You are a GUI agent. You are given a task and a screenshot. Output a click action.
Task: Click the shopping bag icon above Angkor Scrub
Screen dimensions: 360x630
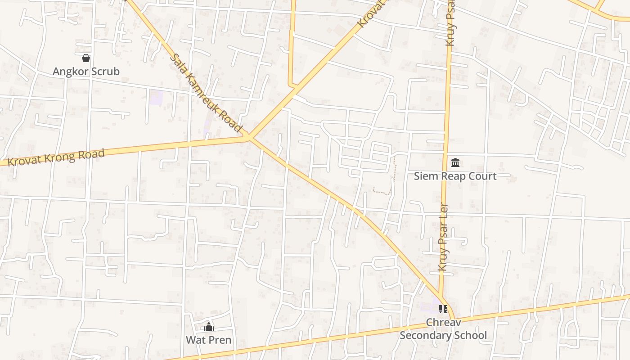[x=86, y=58]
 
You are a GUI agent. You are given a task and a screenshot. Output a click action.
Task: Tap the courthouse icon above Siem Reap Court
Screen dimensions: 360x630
[x=455, y=162]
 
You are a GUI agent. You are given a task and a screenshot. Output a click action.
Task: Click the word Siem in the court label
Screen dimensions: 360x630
[x=426, y=176]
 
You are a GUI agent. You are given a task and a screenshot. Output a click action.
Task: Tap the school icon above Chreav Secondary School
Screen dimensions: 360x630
[x=443, y=309]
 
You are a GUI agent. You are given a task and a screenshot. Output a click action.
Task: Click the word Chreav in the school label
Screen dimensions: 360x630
[x=443, y=323]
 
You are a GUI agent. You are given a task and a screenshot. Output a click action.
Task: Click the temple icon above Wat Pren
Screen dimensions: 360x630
[x=209, y=327]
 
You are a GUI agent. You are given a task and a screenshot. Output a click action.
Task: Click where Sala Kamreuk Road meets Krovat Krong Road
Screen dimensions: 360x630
[x=249, y=137]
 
